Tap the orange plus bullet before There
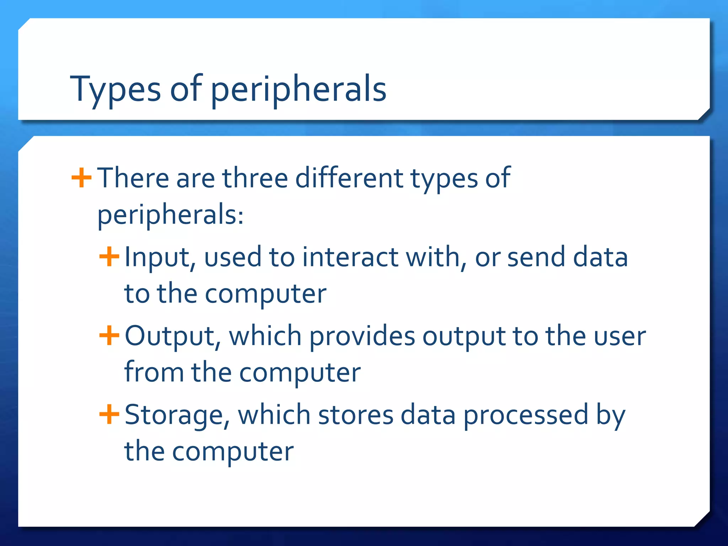(81, 177)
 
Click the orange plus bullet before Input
(109, 257)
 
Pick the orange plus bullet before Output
(109, 336)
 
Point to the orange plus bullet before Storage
(109, 414)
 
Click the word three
(255, 178)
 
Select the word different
(349, 178)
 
